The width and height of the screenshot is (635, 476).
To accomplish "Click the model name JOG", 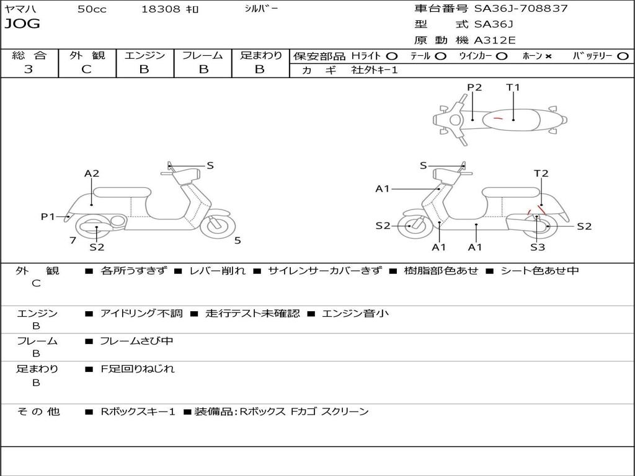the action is (22, 24).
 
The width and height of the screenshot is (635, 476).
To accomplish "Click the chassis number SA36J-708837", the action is (521, 9).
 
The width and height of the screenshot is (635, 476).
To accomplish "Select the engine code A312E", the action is (494, 41).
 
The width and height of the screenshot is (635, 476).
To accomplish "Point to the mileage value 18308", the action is (161, 9).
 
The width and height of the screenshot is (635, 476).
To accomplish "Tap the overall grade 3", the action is (29, 69).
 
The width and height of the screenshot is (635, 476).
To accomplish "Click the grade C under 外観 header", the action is (87, 69).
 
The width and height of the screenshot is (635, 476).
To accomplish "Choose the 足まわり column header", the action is (260, 56).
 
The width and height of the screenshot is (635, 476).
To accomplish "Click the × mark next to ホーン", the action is (548, 56).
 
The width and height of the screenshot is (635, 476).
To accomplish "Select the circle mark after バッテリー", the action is (623, 56).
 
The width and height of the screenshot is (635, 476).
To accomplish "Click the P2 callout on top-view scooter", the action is (474, 87).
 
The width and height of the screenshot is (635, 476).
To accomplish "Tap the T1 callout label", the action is (513, 87).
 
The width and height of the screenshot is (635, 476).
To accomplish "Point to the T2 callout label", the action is (541, 174).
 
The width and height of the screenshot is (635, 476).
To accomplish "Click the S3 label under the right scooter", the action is (538, 247).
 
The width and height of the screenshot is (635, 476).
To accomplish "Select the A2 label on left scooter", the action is (92, 174).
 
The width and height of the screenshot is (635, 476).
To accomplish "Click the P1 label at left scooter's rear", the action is (48, 216).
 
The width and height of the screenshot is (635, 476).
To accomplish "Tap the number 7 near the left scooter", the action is (73, 240).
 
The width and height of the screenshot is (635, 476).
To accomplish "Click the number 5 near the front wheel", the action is (238, 240).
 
